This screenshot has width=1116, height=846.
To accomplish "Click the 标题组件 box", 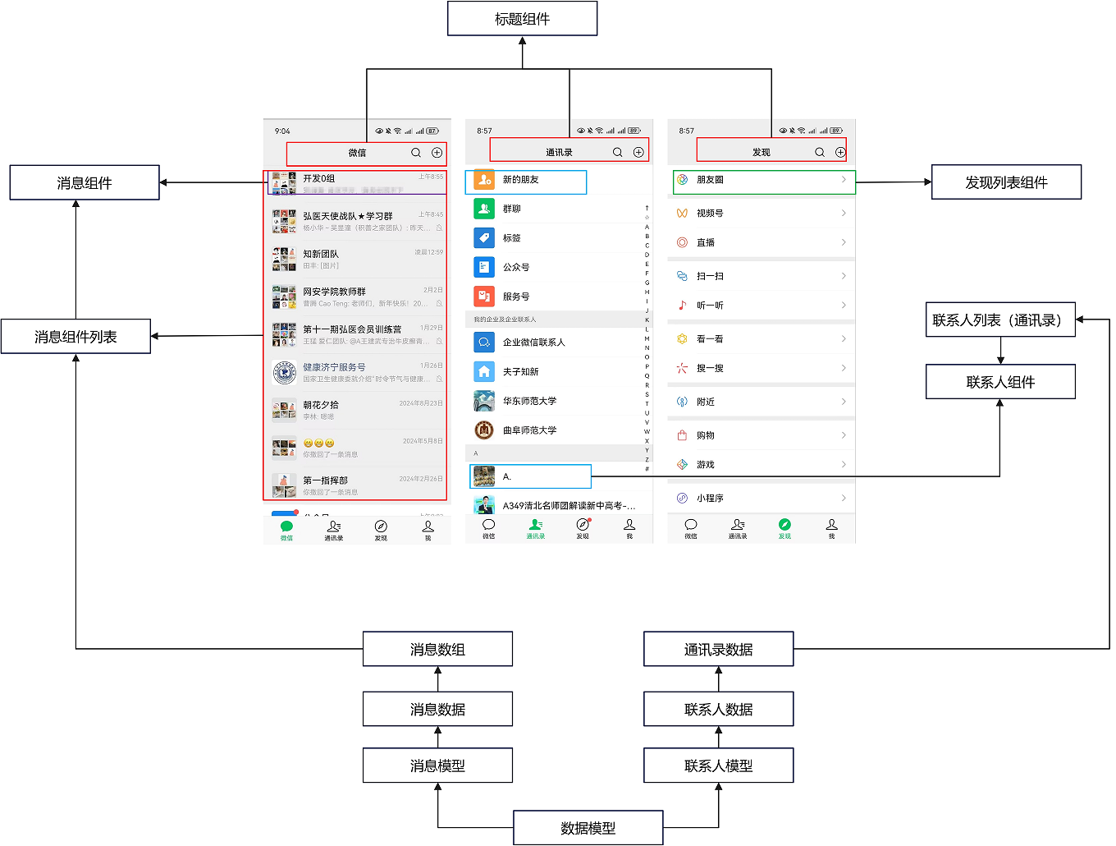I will (522, 19).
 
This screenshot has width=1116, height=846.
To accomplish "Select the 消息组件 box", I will (85, 182).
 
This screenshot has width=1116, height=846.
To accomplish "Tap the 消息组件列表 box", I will (75, 337).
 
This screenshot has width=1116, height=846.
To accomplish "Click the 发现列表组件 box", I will (1006, 182).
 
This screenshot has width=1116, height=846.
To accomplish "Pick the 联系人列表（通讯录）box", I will (1000, 320).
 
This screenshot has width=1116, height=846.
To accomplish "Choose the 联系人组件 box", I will (1000, 382).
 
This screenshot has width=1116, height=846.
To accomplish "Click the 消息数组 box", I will (437, 649).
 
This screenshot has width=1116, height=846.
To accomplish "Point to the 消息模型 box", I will (437, 766).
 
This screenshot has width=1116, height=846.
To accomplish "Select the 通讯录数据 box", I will (718, 649).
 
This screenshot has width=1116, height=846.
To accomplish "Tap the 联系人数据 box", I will (718, 709).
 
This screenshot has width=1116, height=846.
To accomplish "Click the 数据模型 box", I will (588, 828).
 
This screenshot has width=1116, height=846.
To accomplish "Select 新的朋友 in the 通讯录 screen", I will (525, 180).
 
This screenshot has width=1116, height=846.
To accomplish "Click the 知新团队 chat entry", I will (357, 259).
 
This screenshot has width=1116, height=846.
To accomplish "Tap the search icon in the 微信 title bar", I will (416, 153).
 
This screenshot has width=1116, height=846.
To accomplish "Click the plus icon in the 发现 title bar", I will (840, 153).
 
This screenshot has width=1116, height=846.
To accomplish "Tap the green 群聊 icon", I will (484, 209).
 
